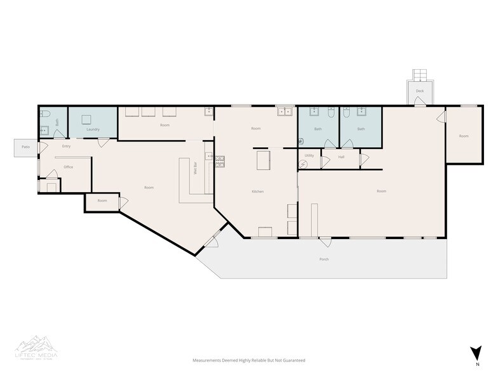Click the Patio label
(x=25, y=147)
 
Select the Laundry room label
(x=93, y=129)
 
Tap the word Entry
(x=66, y=147)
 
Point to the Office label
(x=69, y=167)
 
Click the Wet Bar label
(x=195, y=168)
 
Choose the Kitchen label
(x=257, y=191)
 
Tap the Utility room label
(x=309, y=155)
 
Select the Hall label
(x=341, y=156)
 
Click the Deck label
(x=420, y=91)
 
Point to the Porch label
(x=324, y=259)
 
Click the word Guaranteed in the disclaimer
(x=293, y=360)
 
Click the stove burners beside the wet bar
(x=220, y=161)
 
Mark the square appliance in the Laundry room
(x=86, y=119)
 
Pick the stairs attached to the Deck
(x=420, y=75)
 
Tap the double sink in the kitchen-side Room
(x=284, y=112)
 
